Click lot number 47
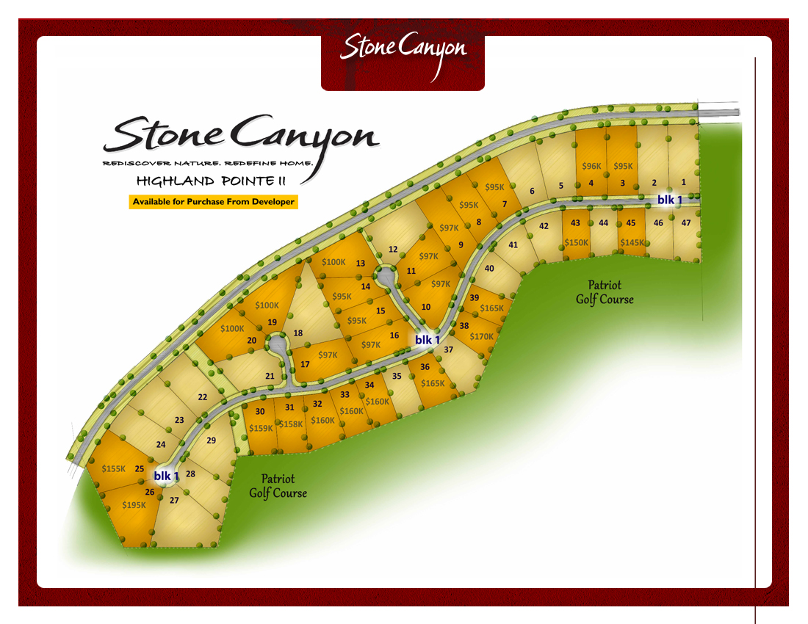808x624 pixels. click(686, 222)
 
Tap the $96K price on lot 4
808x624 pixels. click(591, 166)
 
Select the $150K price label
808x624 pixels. click(577, 242)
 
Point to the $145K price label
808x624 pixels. click(632, 242)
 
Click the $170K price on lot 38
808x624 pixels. click(482, 336)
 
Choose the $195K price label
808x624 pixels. click(134, 504)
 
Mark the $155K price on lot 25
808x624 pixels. click(114, 468)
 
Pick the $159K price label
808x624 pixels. click(261, 428)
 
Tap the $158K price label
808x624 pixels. click(292, 424)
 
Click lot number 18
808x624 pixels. click(298, 333)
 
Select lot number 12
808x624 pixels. click(393, 250)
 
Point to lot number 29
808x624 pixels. click(212, 440)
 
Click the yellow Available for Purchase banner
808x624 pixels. click(213, 202)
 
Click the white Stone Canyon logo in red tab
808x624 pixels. click(403, 49)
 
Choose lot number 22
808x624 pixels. click(203, 397)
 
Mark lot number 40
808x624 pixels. click(489, 268)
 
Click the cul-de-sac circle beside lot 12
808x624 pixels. click(385, 276)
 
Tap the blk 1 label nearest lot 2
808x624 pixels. click(669, 200)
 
